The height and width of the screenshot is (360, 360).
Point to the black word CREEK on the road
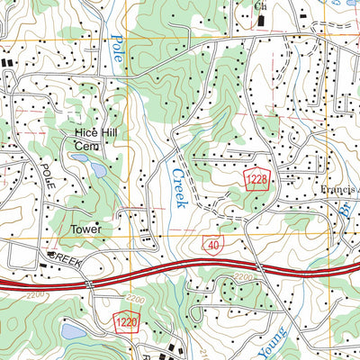[x=65, y=257]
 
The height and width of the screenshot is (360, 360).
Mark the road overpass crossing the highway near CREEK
[x=91, y=282]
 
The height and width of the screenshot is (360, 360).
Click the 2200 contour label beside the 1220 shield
[x=135, y=298]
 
